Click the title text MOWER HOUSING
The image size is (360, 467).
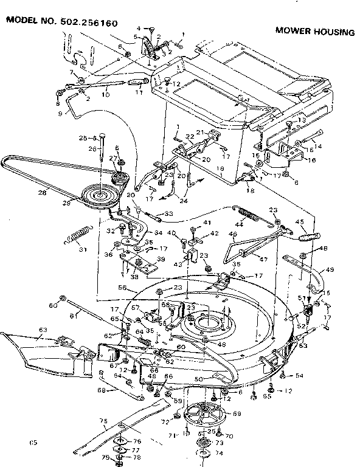[314, 32]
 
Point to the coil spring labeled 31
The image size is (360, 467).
[78, 235]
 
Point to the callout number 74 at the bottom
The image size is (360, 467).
[218, 453]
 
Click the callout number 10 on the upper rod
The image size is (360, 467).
[105, 94]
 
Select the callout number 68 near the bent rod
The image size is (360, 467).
[102, 390]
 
